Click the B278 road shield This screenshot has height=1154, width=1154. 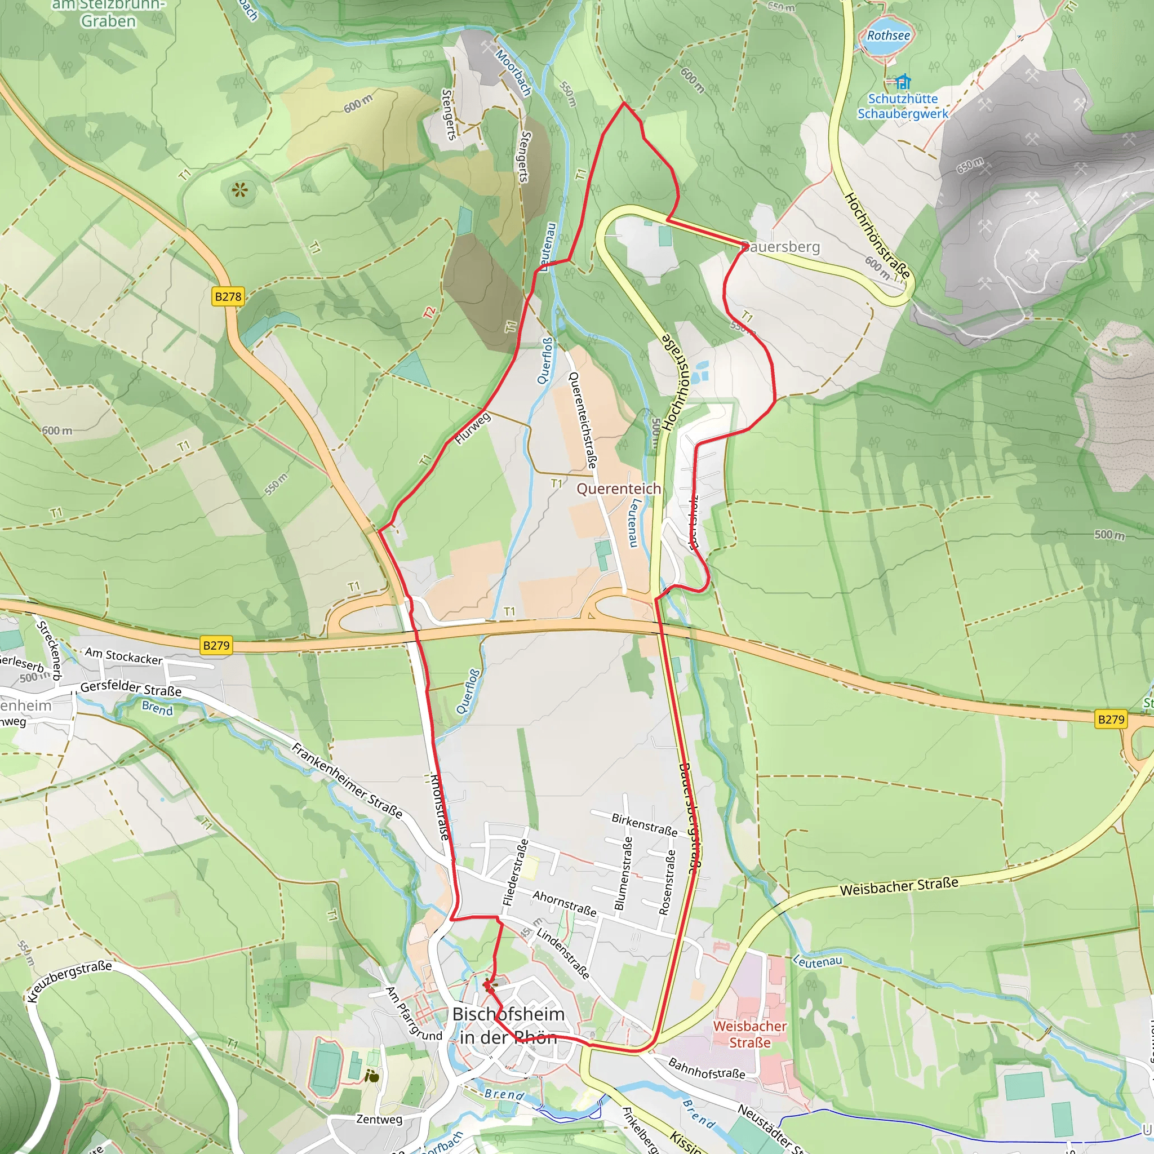(228, 296)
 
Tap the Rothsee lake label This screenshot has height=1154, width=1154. (888, 36)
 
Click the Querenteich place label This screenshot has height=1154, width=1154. (619, 489)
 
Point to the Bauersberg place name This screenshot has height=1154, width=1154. (780, 247)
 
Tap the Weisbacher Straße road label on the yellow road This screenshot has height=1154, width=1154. (899, 886)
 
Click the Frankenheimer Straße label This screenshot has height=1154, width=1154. (347, 779)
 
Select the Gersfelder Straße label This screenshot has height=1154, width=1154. (131, 689)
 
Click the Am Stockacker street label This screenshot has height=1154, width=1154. (123, 656)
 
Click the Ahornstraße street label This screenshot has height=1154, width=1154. (565, 903)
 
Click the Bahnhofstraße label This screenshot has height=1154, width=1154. (707, 1068)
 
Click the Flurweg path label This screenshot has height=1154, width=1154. (472, 428)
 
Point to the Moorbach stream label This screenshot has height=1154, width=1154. (514, 73)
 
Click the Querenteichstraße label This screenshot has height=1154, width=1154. (583, 420)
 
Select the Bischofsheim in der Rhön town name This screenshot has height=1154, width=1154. (508, 1025)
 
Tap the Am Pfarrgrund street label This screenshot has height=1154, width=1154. (414, 1014)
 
